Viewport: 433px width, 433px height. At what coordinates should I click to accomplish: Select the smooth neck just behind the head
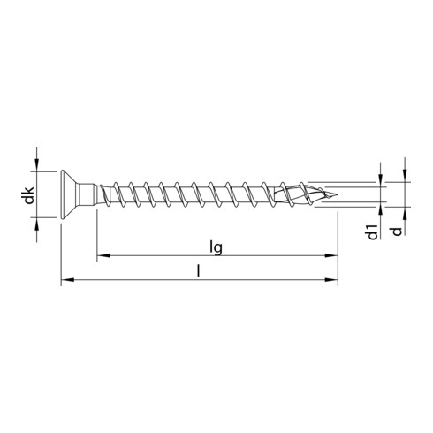pyautogui.click(x=91, y=194)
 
